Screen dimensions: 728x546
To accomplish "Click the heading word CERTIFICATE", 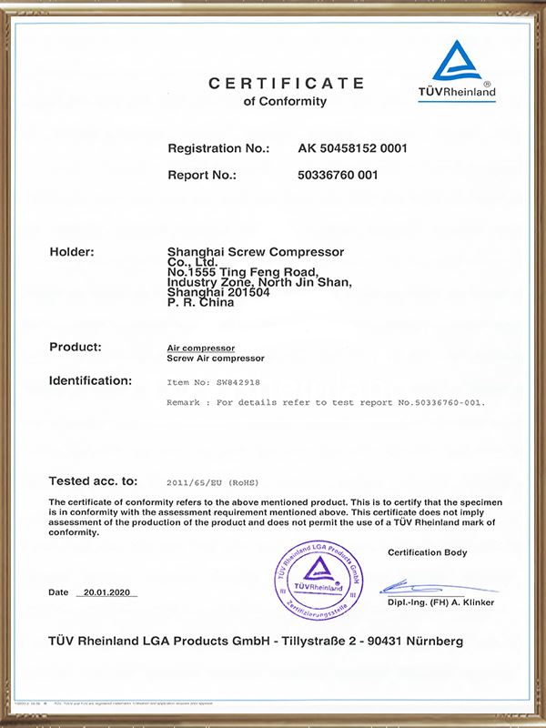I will [287, 84].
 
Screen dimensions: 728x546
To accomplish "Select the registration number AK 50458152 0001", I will [352, 147].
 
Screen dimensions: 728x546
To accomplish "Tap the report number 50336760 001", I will [338, 175].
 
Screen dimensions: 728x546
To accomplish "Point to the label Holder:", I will [71, 252].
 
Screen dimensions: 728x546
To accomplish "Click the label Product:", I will [75, 348].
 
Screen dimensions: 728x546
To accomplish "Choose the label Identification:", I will [90, 380].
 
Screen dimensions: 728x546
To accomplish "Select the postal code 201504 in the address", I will [242, 292].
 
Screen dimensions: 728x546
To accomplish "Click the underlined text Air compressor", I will [201, 349].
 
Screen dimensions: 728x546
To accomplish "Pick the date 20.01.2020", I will [106, 592].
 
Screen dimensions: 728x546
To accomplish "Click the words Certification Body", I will [427, 552].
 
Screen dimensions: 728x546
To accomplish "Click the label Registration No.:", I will [218, 147].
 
